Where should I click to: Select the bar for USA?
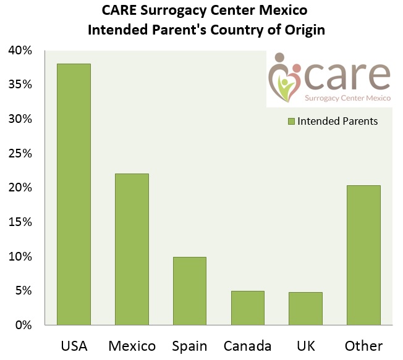[74, 194]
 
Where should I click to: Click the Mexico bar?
[132, 249]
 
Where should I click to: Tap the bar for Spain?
[190, 290]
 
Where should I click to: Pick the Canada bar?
[247, 308]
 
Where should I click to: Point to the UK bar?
[305, 308]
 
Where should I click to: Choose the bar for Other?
[363, 254]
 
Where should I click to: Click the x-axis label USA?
[74, 345]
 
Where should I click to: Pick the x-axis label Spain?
[189, 345]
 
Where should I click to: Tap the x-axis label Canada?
[247, 345]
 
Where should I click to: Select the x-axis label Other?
[363, 345]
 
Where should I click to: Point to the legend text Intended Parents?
[337, 122]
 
